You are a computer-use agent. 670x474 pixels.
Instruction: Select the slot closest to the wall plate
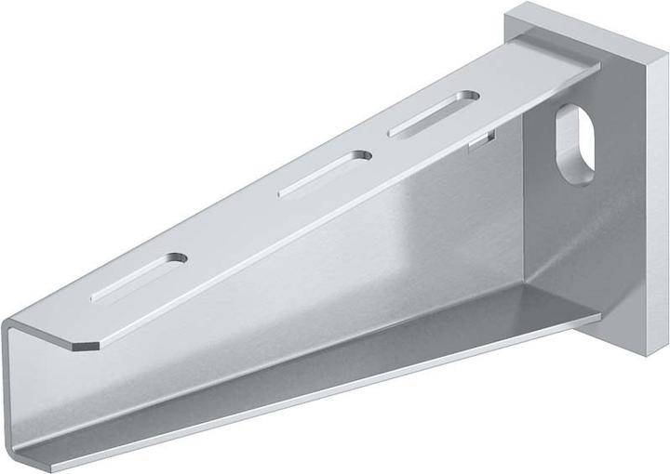coord(434,114)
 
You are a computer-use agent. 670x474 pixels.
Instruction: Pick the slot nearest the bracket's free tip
coord(139,278)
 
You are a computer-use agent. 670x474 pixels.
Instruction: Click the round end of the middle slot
coord(355,157)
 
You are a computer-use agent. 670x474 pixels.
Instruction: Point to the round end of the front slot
coord(174,258)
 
